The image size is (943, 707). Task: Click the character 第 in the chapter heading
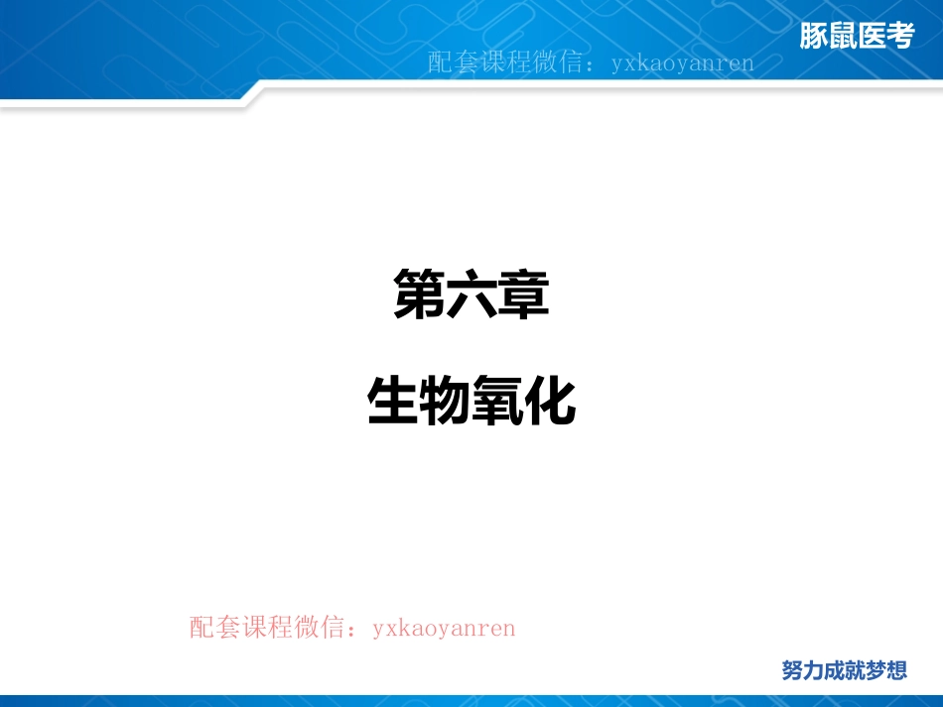[419, 295]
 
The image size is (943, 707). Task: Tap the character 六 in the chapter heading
[471, 295]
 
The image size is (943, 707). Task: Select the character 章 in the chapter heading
[524, 295]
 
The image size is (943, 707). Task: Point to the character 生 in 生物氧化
[393, 402]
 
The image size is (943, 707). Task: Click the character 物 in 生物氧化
[446, 402]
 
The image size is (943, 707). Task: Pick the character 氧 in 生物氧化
[498, 402]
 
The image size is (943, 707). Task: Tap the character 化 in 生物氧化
[551, 402]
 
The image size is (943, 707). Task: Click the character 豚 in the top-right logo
[814, 37]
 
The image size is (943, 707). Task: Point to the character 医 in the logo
[871, 37]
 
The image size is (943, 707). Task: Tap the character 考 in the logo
[899, 37]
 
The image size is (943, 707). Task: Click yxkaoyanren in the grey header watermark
[683, 64]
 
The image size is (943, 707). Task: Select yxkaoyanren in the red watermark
[444, 629]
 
